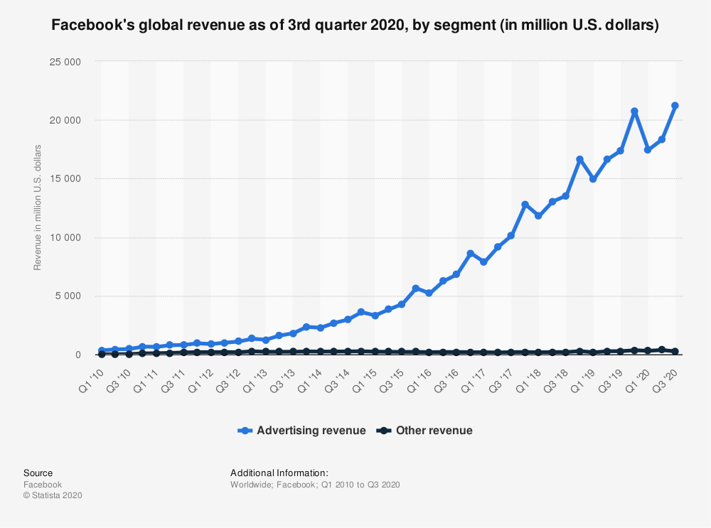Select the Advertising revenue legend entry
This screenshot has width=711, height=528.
(303, 430)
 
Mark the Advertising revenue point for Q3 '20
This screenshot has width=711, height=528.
(675, 106)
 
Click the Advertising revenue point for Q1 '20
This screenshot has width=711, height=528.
(648, 150)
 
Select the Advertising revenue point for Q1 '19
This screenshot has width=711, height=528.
(593, 179)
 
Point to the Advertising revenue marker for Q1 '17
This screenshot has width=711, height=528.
(483, 262)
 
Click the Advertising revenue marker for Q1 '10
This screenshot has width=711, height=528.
(102, 350)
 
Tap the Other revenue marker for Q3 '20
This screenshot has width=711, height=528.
(675, 351)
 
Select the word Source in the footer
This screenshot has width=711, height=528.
(38, 473)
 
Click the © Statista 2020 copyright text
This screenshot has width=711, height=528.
(53, 496)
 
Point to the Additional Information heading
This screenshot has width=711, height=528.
(279, 473)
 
